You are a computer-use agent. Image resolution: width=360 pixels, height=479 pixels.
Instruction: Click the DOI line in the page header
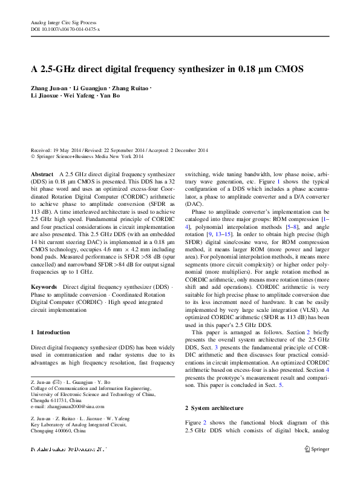point(65,29)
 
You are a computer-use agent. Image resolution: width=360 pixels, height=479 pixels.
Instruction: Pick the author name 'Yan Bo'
point(109,96)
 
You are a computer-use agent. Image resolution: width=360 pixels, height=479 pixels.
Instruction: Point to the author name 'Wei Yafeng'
point(80,96)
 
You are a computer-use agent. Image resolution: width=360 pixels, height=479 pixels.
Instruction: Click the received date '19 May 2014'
point(70,150)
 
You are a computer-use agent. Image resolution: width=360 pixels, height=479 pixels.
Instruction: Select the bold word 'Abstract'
point(42,173)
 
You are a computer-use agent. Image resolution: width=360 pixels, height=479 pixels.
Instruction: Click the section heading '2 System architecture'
point(214,409)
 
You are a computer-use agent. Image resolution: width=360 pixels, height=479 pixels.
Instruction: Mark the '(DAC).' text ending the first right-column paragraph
point(194,204)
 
